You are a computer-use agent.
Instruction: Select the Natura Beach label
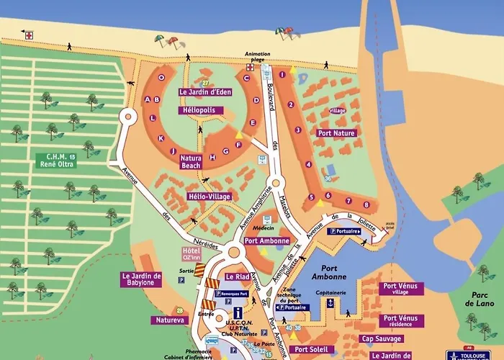(190, 161)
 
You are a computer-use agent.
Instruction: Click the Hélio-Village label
(208, 197)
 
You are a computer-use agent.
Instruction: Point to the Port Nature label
(336, 133)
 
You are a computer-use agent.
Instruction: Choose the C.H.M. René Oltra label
(55, 160)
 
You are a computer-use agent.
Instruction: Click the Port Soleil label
(311, 349)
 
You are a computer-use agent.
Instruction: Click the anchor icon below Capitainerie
(330, 303)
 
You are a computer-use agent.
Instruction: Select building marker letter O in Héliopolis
(161, 77)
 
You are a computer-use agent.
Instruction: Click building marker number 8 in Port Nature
(347, 203)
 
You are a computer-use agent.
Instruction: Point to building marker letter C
(246, 78)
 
